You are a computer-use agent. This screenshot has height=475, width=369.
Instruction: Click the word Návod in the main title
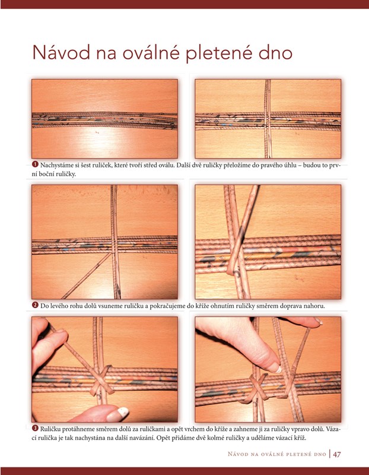click(x=61, y=52)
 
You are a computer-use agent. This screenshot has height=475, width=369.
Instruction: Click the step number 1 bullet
click(x=35, y=164)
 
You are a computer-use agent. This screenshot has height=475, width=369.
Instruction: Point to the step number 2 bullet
click(x=35, y=305)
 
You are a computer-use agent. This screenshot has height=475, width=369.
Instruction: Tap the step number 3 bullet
click(x=35, y=428)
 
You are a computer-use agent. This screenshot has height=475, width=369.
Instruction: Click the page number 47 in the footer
click(x=337, y=454)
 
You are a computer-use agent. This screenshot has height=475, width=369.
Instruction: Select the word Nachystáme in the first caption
click(x=55, y=166)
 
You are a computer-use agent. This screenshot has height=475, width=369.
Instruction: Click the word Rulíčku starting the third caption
click(x=50, y=429)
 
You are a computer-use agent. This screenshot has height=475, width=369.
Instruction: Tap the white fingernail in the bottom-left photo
click(x=123, y=411)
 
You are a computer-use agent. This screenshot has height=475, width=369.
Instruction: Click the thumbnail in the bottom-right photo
click(x=276, y=369)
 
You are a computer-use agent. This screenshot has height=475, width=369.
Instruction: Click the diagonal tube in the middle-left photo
click(x=87, y=275)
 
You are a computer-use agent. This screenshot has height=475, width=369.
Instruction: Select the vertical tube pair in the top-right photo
click(x=268, y=119)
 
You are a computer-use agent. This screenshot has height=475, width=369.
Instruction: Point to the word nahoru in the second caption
click(x=316, y=306)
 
